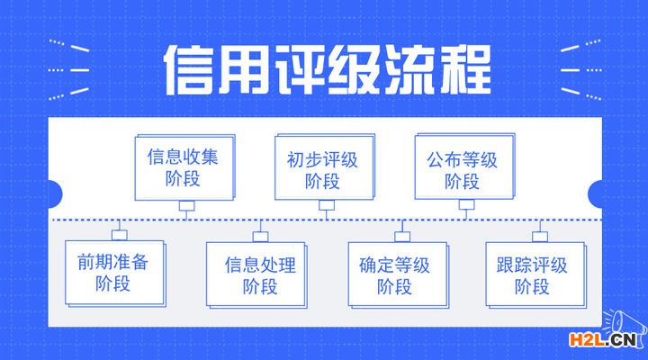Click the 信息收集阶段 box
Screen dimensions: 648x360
click(x=184, y=167)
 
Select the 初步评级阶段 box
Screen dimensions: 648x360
click(x=325, y=167)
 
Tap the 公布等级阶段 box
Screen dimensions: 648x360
click(x=465, y=166)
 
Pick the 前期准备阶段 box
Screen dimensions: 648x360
click(x=115, y=274)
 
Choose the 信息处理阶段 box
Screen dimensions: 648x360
click(x=256, y=275)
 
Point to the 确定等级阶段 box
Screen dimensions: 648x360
click(x=399, y=275)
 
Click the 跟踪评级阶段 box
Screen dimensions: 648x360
click(x=536, y=275)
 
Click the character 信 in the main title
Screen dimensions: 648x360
click(x=188, y=70)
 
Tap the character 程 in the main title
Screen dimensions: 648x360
click(x=466, y=70)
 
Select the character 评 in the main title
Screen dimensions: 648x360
click(x=299, y=70)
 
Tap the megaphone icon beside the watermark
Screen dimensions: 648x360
click(x=624, y=327)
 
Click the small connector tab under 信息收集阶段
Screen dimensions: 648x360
click(x=187, y=205)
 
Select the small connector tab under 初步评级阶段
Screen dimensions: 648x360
click(x=327, y=205)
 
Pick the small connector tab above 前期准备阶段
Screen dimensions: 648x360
click(x=120, y=235)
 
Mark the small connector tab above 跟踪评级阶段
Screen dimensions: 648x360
click(x=540, y=237)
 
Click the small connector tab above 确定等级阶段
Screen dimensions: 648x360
click(x=402, y=237)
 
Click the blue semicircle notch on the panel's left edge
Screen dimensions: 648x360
click(x=55, y=193)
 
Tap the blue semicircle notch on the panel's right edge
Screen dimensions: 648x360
click(x=595, y=193)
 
